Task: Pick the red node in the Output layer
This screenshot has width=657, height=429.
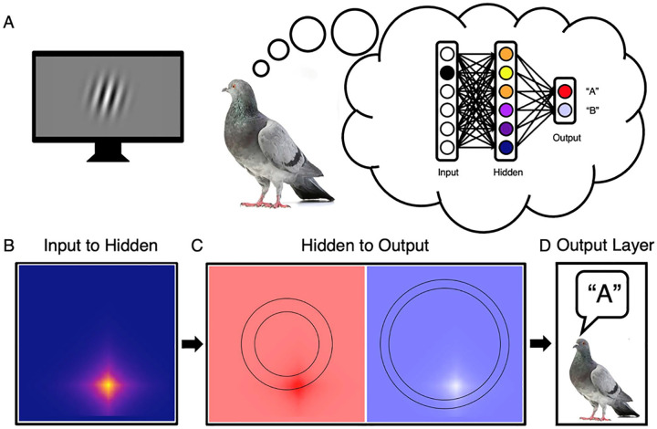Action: (565, 91)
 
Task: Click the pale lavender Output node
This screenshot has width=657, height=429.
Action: (565, 111)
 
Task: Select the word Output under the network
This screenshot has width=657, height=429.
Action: (566, 139)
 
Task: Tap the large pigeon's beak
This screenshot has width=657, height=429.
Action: (224, 91)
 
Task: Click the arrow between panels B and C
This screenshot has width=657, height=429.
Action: (190, 345)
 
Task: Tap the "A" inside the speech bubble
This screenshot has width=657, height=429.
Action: (601, 296)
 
